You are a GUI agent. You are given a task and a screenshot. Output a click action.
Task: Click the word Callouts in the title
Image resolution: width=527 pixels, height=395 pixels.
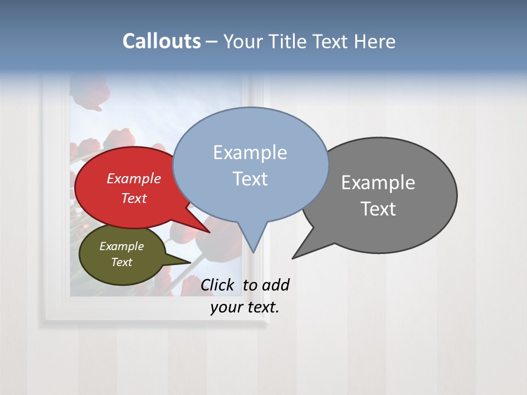[x=161, y=41]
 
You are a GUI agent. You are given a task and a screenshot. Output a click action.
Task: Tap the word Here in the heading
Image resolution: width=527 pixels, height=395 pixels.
[x=374, y=41]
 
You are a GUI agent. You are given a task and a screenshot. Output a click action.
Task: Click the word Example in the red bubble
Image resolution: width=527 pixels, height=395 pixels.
[x=133, y=178]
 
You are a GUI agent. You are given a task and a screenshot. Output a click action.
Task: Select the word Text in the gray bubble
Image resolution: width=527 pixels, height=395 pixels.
[x=378, y=208]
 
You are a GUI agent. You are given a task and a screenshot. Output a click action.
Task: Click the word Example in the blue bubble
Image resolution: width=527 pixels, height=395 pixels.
[x=250, y=152]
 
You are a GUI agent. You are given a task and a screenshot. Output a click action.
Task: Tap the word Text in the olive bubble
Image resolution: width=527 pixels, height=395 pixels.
[x=122, y=262]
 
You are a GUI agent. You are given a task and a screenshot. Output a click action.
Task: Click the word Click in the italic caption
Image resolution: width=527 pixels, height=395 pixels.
[x=217, y=285]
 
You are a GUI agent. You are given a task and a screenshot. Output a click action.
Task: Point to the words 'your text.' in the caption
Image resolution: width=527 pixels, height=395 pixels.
[x=245, y=307]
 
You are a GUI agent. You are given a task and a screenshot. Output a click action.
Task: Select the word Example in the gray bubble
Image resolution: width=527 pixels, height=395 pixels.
[x=378, y=182]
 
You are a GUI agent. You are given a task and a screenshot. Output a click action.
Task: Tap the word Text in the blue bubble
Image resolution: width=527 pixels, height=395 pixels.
[x=250, y=179]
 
